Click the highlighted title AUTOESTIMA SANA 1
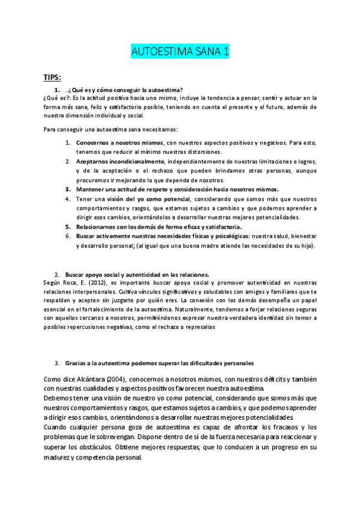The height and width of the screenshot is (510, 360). pyautogui.click(x=180, y=53)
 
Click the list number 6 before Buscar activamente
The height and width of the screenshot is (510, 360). pyautogui.click(x=68, y=236)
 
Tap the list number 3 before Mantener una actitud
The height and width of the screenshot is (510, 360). pyautogui.click(x=68, y=189)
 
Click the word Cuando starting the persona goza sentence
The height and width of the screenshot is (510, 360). pyautogui.click(x=57, y=427)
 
